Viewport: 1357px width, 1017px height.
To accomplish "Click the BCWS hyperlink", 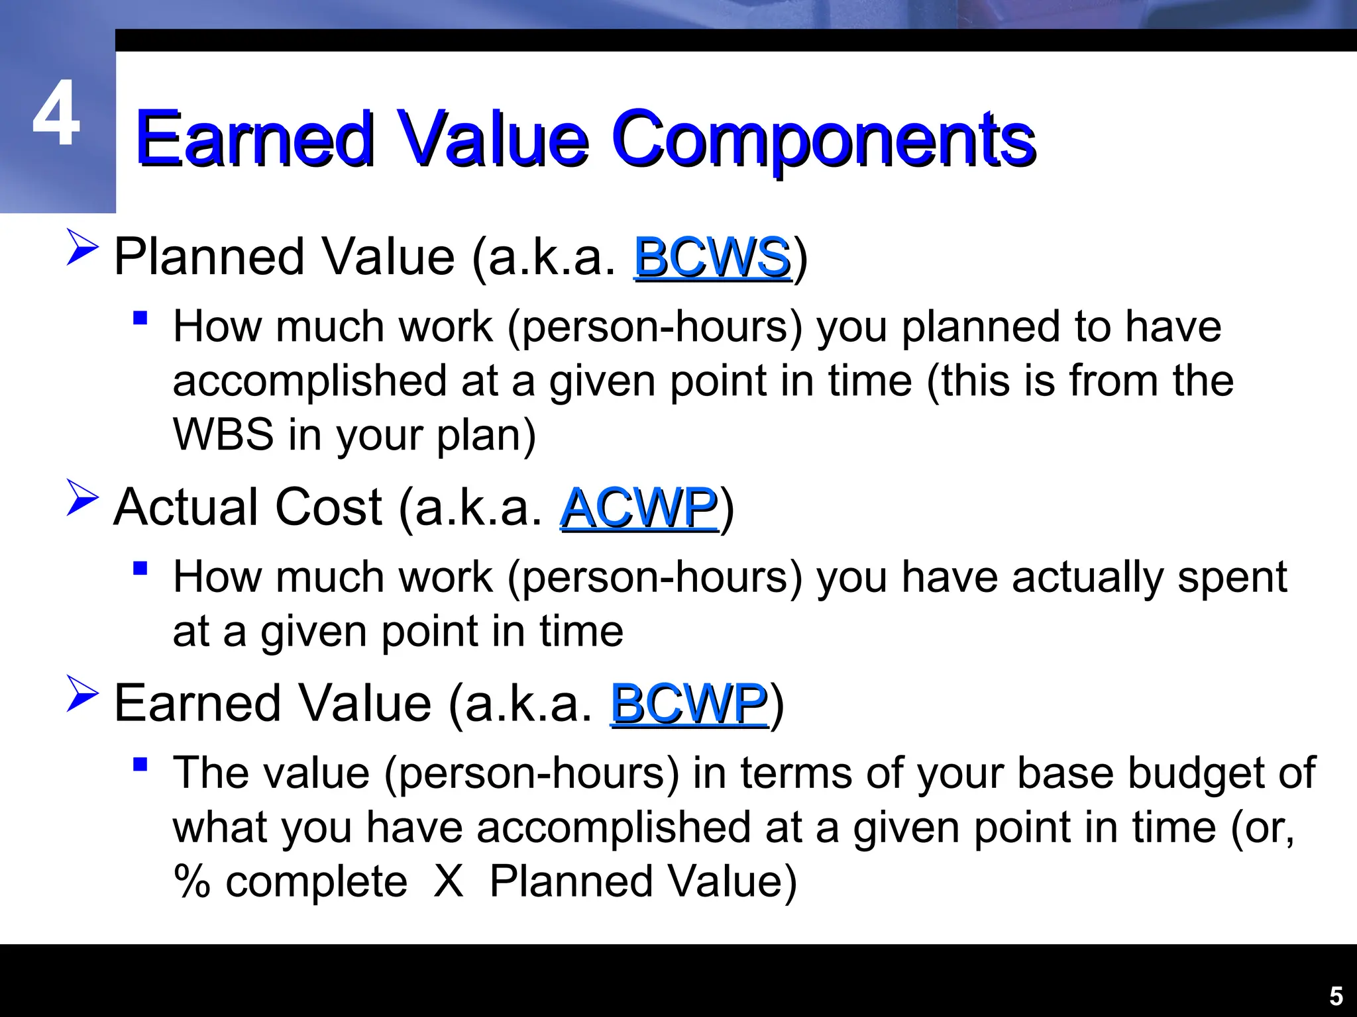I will [x=712, y=258].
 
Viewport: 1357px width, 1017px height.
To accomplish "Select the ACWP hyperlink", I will [x=639, y=508].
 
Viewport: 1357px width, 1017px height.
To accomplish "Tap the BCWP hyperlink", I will [x=689, y=704].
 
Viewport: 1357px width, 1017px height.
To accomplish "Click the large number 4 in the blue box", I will [x=56, y=114].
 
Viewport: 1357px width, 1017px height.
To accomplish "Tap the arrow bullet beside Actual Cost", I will [x=82, y=498].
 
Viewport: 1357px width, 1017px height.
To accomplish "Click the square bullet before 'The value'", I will [x=140, y=765].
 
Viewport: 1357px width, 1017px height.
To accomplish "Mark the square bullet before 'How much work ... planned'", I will [x=140, y=318].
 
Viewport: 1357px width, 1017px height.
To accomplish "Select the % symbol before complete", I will [x=191, y=883].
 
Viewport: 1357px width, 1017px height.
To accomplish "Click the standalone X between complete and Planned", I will [x=449, y=883].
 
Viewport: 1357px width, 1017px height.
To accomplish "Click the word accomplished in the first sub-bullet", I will [x=309, y=382].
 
